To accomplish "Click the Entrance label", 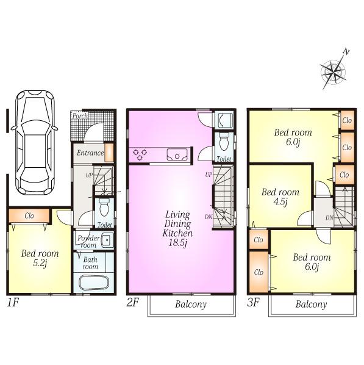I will pyautogui.click(x=89, y=153).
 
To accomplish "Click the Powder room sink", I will pyautogui.click(x=106, y=239).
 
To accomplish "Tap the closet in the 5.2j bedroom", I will pyautogui.click(x=29, y=215).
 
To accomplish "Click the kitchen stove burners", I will pyautogui.click(x=140, y=155).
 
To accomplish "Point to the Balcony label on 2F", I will pyautogui.click(x=191, y=304).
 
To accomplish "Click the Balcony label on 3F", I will pyautogui.click(x=311, y=304).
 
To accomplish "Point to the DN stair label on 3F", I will pyautogui.click(x=329, y=217).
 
